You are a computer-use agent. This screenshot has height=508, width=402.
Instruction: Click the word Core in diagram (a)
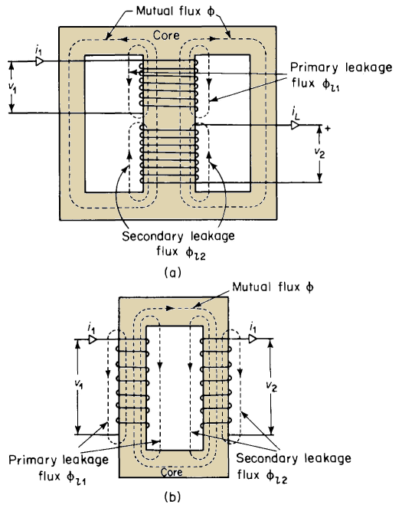click(x=166, y=35)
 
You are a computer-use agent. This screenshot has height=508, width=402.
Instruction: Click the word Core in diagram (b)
click(x=172, y=472)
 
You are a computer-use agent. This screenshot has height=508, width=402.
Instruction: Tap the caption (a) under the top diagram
click(x=172, y=272)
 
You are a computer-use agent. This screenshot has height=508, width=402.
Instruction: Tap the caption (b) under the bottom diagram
click(x=172, y=497)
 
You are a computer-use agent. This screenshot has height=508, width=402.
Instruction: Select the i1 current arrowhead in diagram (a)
click(x=40, y=61)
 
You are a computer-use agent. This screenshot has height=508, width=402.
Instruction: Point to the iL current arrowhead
click(x=296, y=125)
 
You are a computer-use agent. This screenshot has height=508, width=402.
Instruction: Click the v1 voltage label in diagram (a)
click(x=12, y=87)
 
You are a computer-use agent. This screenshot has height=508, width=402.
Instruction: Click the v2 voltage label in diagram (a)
click(x=319, y=153)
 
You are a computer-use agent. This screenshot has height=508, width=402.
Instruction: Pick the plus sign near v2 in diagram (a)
click(x=328, y=129)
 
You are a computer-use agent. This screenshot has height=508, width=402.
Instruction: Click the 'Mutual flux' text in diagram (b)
click(x=263, y=287)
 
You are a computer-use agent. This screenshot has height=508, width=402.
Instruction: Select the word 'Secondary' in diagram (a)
click(x=153, y=236)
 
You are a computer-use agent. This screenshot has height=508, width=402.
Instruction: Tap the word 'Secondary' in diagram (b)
click(x=267, y=458)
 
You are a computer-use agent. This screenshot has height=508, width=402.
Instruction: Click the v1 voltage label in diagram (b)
click(x=79, y=384)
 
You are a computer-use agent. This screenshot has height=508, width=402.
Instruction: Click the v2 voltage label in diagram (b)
click(x=271, y=385)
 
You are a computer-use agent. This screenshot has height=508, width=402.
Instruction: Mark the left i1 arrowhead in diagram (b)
click(x=93, y=339)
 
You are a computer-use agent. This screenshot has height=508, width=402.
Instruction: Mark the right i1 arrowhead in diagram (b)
click(x=253, y=339)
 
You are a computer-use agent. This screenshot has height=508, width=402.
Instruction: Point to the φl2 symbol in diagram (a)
click(x=195, y=253)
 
